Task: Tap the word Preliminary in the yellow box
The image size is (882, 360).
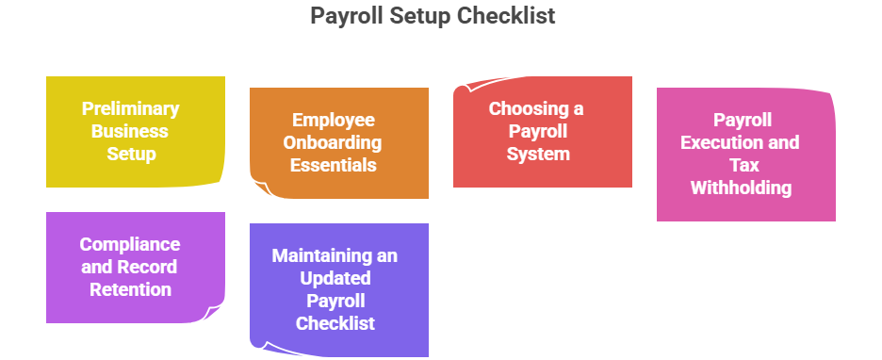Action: tap(130, 108)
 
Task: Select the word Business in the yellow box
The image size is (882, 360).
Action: tap(130, 131)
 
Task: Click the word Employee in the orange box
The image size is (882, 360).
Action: tap(334, 120)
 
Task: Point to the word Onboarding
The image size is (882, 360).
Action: tap(336, 142)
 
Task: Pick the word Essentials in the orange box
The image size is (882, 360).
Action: tap(334, 165)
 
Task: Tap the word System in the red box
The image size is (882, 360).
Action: tap(537, 154)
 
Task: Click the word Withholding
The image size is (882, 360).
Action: tap(741, 188)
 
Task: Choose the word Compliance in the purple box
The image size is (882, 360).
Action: tap(130, 244)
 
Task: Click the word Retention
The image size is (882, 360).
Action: tap(130, 289)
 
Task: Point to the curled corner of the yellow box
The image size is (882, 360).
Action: tap(218, 177)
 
